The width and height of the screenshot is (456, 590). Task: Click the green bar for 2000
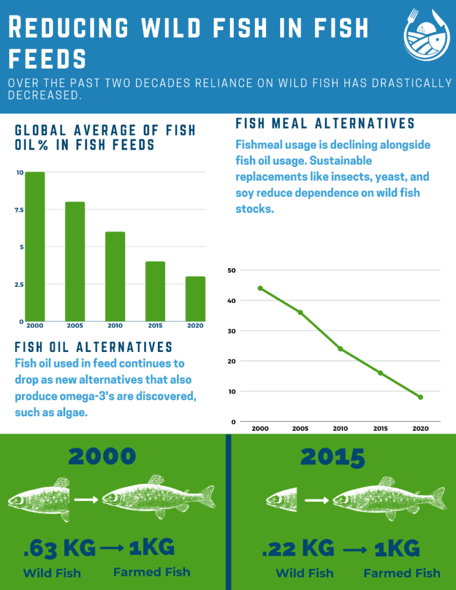(x=34, y=246)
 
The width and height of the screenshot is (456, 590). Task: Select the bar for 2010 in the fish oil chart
(x=115, y=276)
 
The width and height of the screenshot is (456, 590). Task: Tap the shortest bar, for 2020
(x=195, y=299)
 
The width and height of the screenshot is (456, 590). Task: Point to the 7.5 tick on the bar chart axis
(x=20, y=210)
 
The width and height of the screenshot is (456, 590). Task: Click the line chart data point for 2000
(x=260, y=288)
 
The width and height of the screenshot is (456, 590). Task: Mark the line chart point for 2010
(x=340, y=348)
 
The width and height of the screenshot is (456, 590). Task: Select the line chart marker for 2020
(x=420, y=397)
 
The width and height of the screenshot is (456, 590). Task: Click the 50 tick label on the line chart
(x=232, y=271)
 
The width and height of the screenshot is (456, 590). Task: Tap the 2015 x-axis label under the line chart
(x=380, y=428)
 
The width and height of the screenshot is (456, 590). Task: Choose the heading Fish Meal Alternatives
(x=325, y=123)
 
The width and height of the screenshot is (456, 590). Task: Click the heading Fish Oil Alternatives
(x=93, y=347)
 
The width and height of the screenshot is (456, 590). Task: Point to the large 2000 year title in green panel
(x=102, y=456)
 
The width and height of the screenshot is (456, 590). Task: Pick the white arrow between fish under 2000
(x=86, y=500)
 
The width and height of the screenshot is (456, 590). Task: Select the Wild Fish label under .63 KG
(x=52, y=573)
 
